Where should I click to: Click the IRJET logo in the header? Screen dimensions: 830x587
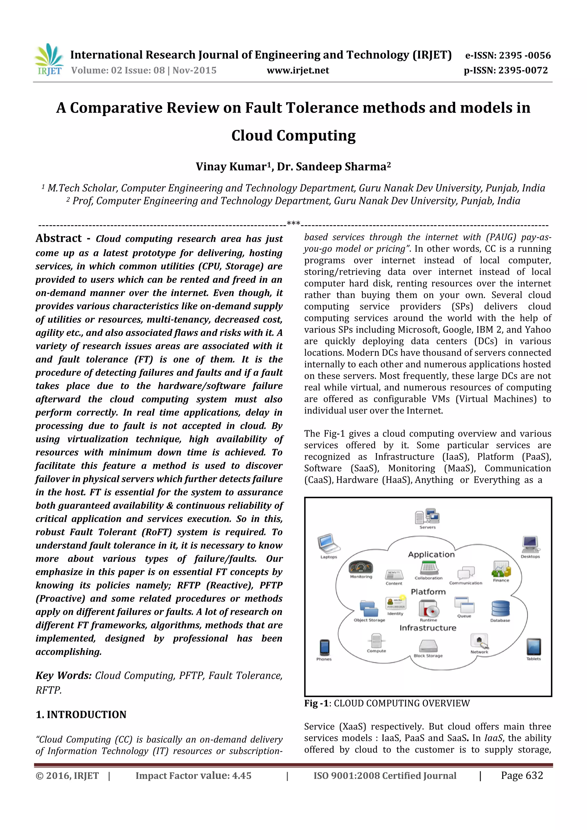[48, 59]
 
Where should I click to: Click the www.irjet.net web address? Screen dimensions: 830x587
[298, 70]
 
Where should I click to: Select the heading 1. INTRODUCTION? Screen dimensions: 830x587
[81, 715]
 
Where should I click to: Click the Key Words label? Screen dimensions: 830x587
[63, 676]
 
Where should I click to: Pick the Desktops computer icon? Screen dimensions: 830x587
[531, 544]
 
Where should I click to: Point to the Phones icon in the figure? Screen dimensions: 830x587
[324, 647]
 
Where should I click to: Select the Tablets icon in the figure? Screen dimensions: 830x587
[533, 647]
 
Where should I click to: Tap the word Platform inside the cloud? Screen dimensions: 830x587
[428, 592]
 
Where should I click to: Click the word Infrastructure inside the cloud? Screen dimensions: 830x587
[428, 628]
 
